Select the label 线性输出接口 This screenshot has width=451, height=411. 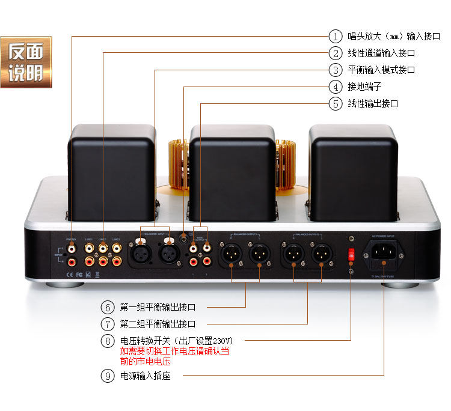coord(373,103)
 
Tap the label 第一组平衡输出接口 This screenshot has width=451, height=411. coord(158,307)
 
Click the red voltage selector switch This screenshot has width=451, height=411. coord(351,255)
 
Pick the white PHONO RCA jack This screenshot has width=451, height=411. coord(72,247)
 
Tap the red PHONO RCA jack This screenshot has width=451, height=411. coord(72,261)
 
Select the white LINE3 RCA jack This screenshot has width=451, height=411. coord(117,247)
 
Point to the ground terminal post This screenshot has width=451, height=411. coord(184,236)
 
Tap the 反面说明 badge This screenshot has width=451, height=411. coord(26,62)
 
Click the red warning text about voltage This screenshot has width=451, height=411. coord(174,356)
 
